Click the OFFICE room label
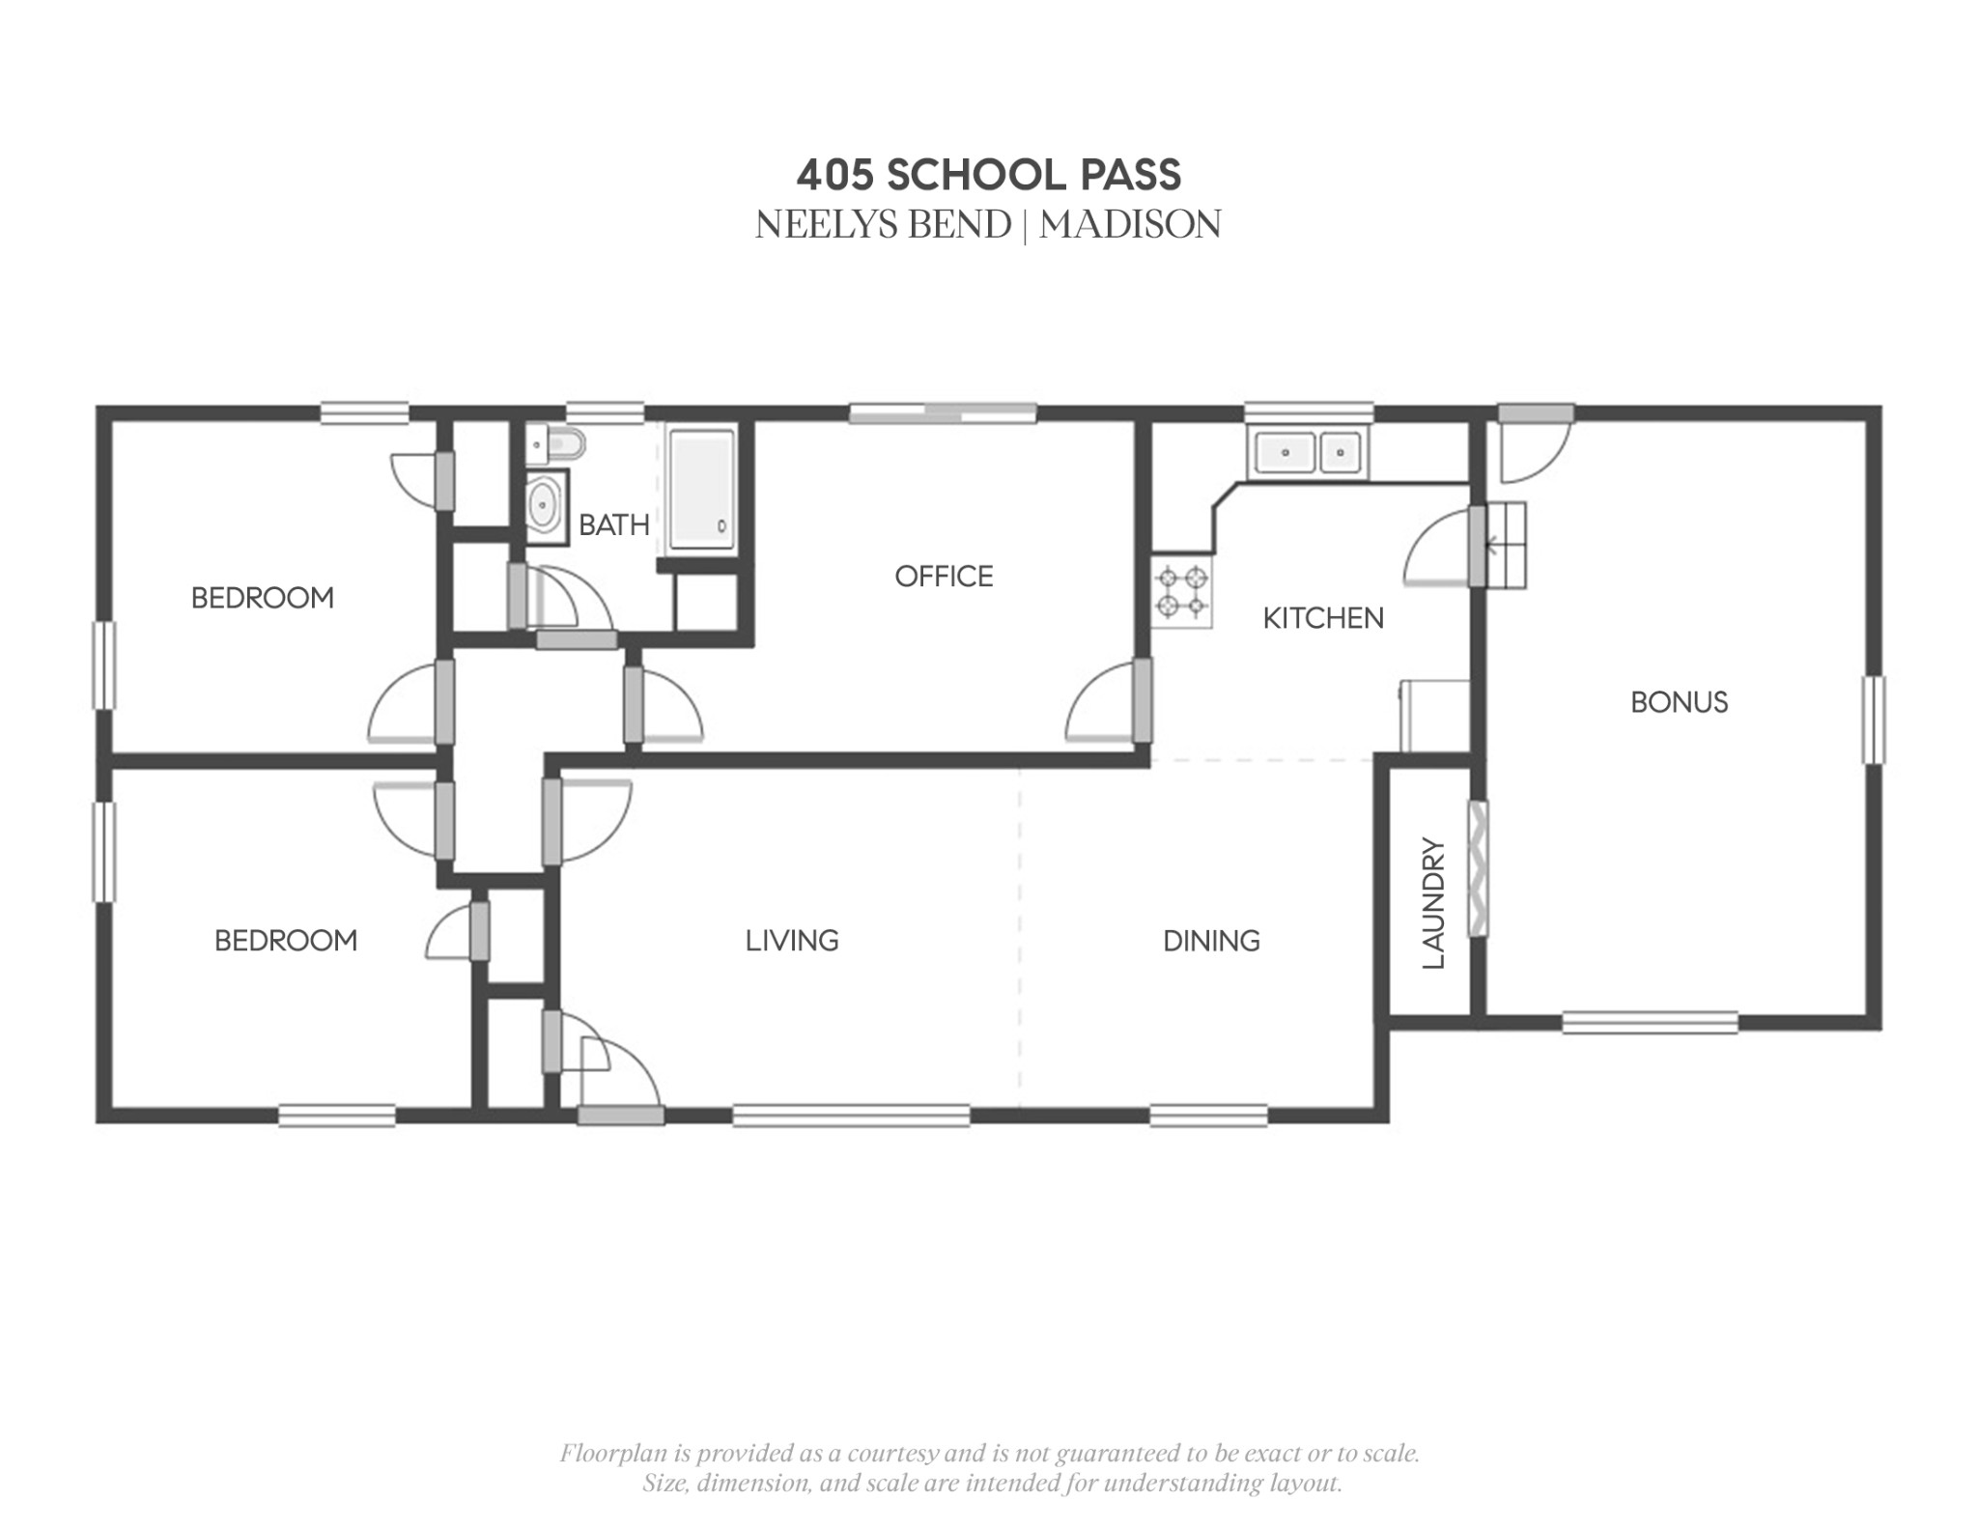point(944,577)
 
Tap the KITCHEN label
point(1323,618)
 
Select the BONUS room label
point(1679,702)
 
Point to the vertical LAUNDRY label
point(1433,903)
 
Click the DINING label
point(1211,941)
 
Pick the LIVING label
point(792,941)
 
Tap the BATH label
point(613,525)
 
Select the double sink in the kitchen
point(1308,452)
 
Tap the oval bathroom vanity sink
point(545,506)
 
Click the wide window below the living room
point(851,1116)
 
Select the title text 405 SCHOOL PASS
point(988,175)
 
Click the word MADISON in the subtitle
point(1130,225)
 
